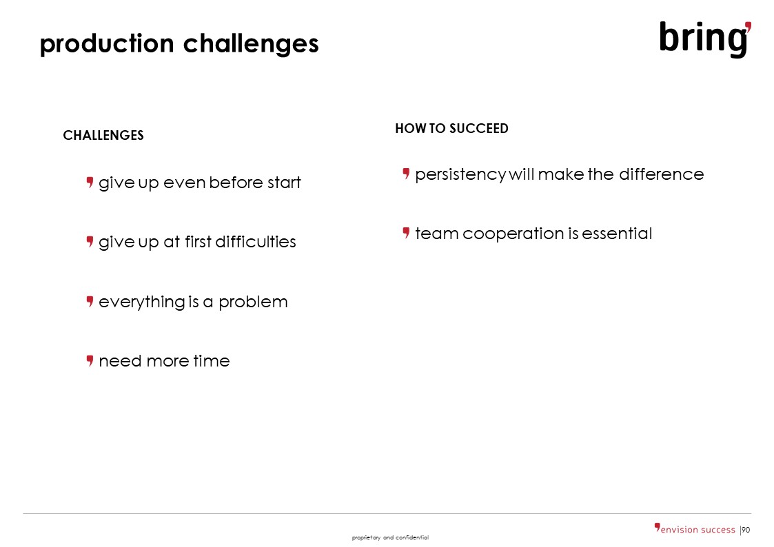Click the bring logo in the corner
pyautogui.click(x=705, y=39)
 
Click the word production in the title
pyautogui.click(x=107, y=44)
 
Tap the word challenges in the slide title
pyautogui.click(x=251, y=44)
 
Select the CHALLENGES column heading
pyautogui.click(x=103, y=135)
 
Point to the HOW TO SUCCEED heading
pyautogui.click(x=451, y=128)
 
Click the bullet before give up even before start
pyautogui.click(x=90, y=183)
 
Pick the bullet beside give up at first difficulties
pyautogui.click(x=90, y=242)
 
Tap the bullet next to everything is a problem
pyautogui.click(x=90, y=301)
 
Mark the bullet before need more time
pyautogui.click(x=90, y=360)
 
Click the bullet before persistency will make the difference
pyautogui.click(x=406, y=174)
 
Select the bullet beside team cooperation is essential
pyautogui.click(x=406, y=233)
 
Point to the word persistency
pyautogui.click(x=460, y=175)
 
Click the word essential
pyautogui.click(x=617, y=234)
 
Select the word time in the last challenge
pyautogui.click(x=212, y=361)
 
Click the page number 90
pyautogui.click(x=746, y=530)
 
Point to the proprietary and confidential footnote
pyautogui.click(x=390, y=537)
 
